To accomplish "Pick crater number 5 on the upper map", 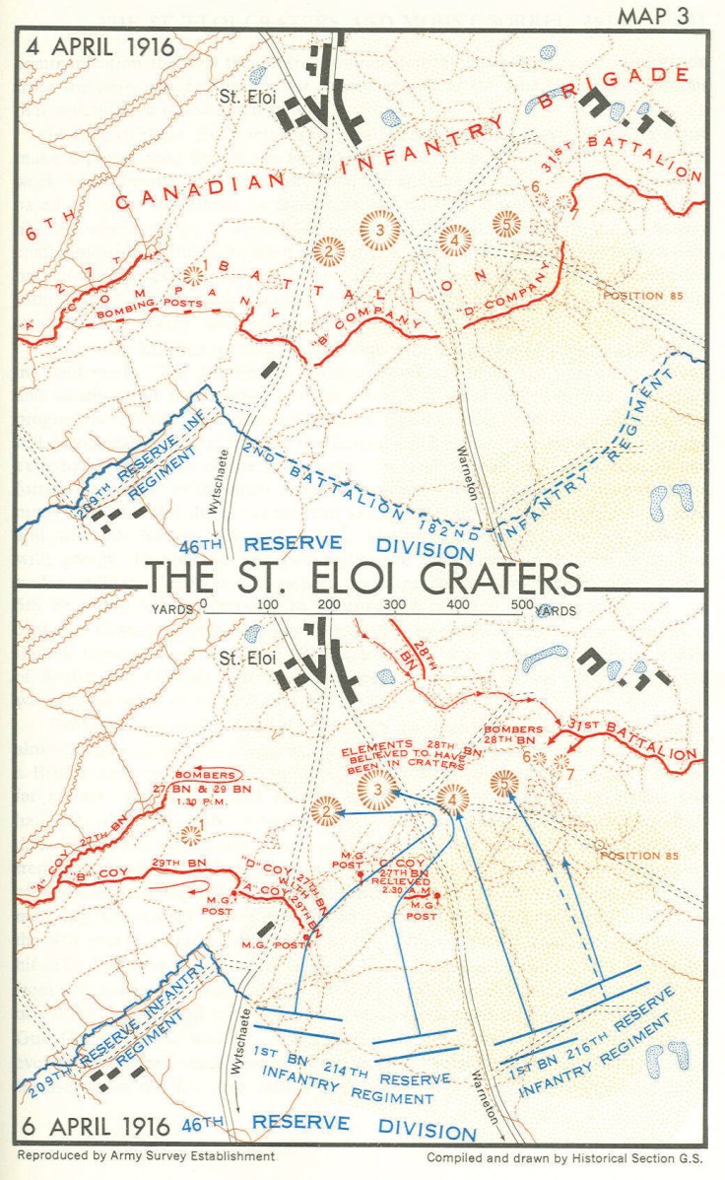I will [505, 225].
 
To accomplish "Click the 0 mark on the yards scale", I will [203, 604].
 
